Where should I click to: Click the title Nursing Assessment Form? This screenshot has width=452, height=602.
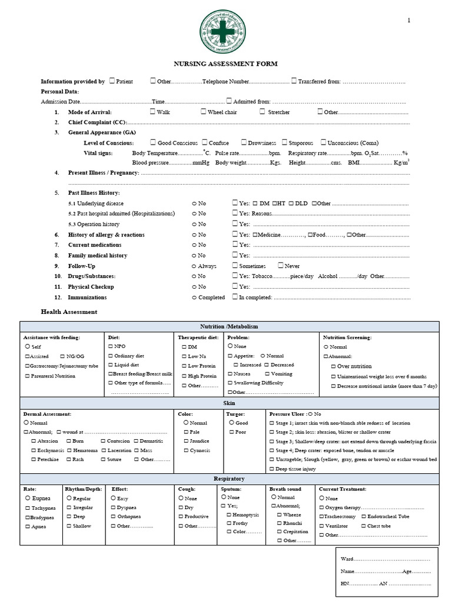(x=224, y=63)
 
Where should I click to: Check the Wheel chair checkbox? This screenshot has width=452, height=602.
(x=204, y=111)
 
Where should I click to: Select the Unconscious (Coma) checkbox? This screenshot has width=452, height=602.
(x=324, y=142)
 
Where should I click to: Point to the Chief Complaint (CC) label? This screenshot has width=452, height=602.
(x=97, y=122)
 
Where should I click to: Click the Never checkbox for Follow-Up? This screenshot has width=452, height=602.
(x=281, y=266)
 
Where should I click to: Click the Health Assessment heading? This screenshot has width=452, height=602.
(x=69, y=312)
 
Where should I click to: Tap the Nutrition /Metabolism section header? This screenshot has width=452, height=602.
(x=229, y=326)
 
